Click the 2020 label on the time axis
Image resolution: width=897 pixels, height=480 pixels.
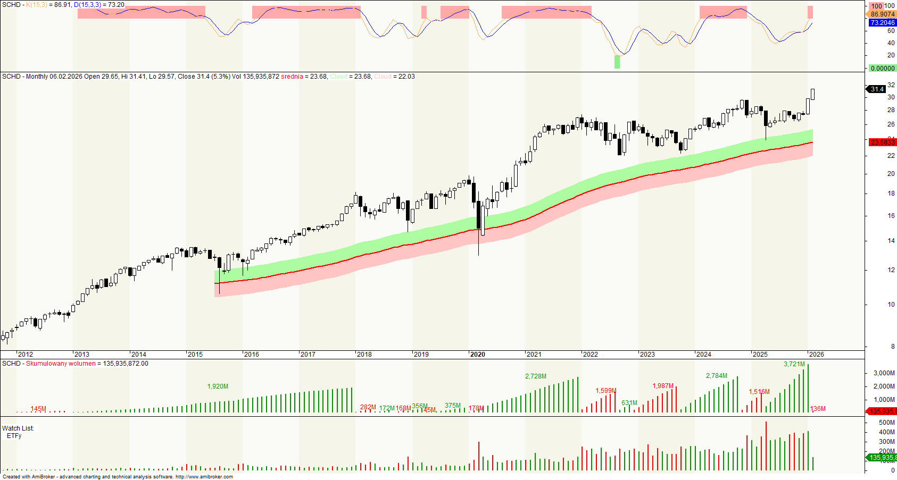pos(477,355)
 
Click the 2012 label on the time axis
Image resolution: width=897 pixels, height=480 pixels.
pos(25,355)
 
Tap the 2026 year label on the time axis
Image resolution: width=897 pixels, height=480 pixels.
pos(816,355)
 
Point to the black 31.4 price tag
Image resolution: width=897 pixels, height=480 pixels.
pos(877,89)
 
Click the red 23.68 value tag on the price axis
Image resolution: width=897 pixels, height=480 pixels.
pos(882,142)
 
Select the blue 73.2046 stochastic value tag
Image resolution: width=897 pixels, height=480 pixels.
pos(882,23)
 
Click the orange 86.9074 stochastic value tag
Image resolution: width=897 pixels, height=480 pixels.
pos(882,14)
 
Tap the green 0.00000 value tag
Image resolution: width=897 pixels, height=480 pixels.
pos(882,69)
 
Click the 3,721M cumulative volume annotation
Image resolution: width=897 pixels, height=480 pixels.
pos(794,365)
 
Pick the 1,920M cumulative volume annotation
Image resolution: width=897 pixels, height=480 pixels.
pos(218,386)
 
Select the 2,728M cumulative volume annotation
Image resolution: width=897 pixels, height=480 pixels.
pos(536,376)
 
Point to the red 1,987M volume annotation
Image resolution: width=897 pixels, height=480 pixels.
pos(663,386)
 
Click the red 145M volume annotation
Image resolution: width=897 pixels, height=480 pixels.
pos(38,409)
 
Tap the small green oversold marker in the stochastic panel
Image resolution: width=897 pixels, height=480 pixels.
pos(617,62)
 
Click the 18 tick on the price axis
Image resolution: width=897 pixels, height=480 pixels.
pos(891,193)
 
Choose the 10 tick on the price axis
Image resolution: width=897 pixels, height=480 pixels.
pos(891,305)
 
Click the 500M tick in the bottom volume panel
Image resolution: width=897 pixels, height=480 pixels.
pos(886,423)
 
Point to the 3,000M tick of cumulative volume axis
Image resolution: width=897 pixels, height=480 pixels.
pos(884,374)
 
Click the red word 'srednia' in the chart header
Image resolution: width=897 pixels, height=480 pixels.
pos(292,77)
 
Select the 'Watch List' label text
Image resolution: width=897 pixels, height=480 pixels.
pos(18,428)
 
